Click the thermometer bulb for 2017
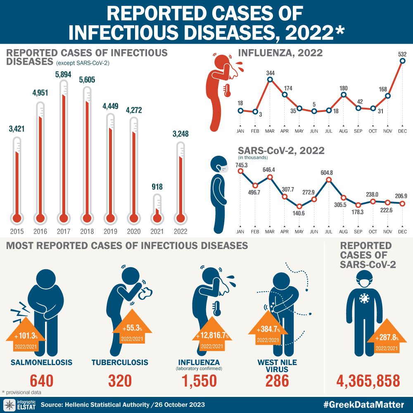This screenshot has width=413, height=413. pyautogui.click(x=63, y=218)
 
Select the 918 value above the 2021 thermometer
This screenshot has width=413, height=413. pyautogui.click(x=157, y=187)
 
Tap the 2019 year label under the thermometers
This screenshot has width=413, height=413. pyautogui.click(x=110, y=231)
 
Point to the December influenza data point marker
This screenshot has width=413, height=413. pyautogui.click(x=403, y=61)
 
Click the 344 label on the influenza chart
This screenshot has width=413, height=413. pyautogui.click(x=270, y=73)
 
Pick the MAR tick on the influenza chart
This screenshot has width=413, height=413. pyautogui.click(x=270, y=131)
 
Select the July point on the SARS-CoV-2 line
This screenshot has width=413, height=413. pyautogui.click(x=329, y=180)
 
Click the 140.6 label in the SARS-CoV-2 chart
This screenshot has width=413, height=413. pyautogui.click(x=299, y=214)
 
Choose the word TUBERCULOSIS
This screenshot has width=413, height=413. pyautogui.click(x=120, y=362)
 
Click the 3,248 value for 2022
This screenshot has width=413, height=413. pyautogui.click(x=180, y=134)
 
